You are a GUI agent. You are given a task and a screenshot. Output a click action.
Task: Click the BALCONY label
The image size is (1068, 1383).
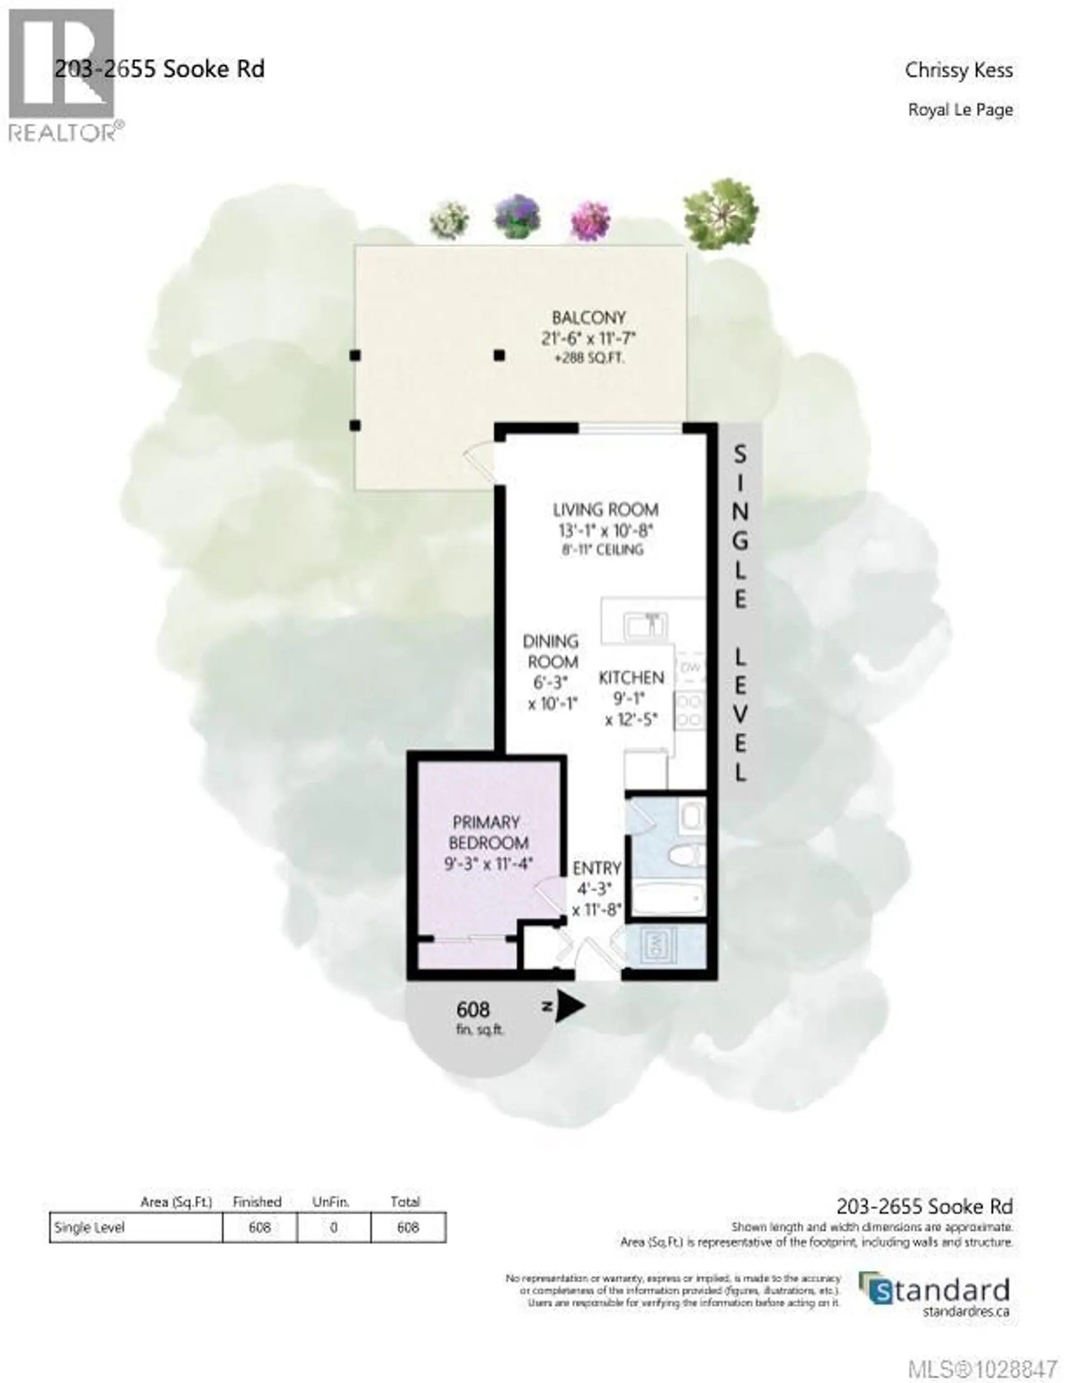pos(588,318)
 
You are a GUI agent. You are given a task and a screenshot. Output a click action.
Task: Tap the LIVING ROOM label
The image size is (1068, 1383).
pos(605,510)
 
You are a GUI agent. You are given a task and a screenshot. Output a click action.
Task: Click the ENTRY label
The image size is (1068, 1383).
pos(596,868)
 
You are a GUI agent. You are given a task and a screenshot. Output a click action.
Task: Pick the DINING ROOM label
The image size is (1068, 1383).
pos(551,652)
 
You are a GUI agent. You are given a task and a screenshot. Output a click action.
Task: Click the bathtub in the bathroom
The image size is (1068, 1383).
pos(669,897)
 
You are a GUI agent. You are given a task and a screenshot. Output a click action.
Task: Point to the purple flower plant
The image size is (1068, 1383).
pos(517,216)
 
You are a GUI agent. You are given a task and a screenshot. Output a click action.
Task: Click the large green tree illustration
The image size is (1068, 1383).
pos(720,213)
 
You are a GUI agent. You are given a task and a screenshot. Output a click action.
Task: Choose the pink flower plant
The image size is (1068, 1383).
pos(590,220)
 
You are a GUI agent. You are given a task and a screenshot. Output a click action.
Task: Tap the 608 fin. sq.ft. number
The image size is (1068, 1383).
pos(473,1010)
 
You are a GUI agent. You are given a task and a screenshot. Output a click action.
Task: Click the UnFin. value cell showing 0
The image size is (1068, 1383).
pos(333,1227)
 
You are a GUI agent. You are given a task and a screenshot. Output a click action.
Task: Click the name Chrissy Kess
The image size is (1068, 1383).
pos(958,70)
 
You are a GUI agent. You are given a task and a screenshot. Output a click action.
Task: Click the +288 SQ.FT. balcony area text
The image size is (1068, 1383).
pos(589,358)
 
